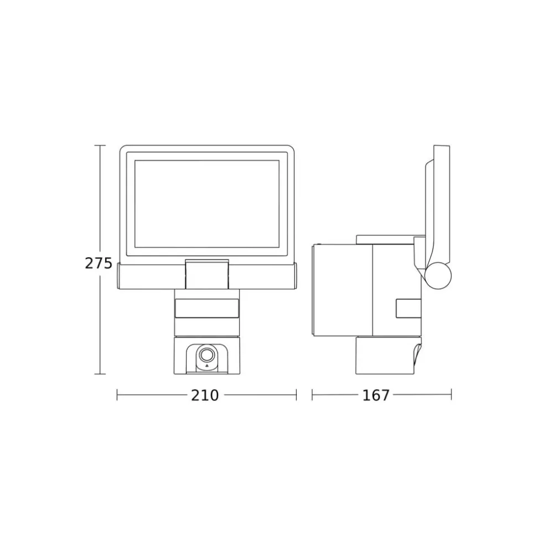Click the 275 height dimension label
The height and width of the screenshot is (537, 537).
(x=99, y=263)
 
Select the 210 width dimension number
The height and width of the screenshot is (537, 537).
(x=205, y=395)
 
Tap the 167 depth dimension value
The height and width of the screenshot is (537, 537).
(x=376, y=395)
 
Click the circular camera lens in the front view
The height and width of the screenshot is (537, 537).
(x=206, y=355)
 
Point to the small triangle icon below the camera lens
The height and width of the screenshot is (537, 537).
(x=206, y=366)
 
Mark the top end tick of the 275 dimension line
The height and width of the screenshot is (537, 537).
(x=100, y=145)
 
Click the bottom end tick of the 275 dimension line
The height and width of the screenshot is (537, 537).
(x=100, y=374)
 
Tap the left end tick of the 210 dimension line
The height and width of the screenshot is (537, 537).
(x=117, y=395)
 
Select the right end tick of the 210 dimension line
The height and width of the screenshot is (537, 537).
(x=296, y=395)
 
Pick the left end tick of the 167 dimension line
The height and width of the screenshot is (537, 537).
(x=312, y=395)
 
